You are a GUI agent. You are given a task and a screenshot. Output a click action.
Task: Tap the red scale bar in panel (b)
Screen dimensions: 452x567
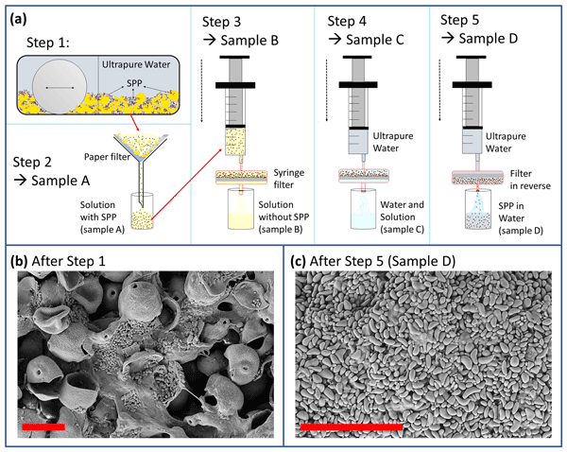(x=43, y=427)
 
